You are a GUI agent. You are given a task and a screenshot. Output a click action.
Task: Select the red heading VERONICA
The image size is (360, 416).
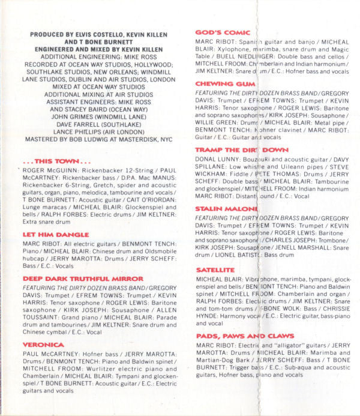(43, 345)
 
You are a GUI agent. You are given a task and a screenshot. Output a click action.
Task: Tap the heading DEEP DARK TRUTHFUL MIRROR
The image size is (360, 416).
(83, 279)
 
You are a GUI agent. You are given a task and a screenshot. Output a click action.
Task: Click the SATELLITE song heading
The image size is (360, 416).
(215, 271)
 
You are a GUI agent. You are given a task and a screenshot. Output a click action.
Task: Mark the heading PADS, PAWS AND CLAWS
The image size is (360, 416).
(245, 336)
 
